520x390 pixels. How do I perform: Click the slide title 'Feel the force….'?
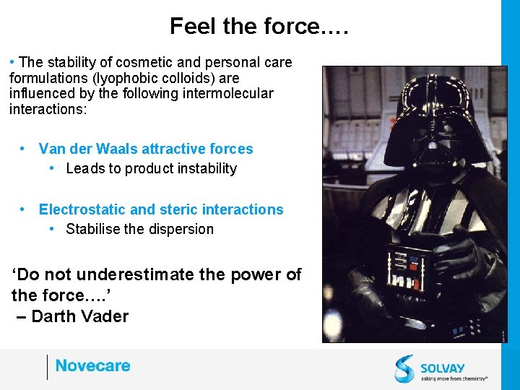click(259, 27)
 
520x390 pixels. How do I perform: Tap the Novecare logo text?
click(92, 366)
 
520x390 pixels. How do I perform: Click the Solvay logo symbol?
click(404, 368)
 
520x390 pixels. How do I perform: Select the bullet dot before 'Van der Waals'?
click(24, 149)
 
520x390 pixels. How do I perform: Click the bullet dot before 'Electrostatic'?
click(24, 209)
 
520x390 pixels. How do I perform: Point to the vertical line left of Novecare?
click(47, 367)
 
